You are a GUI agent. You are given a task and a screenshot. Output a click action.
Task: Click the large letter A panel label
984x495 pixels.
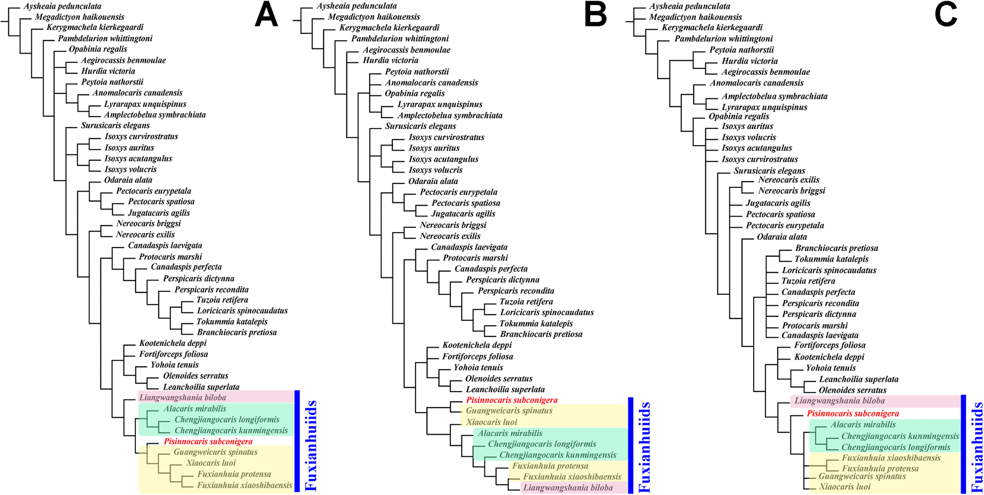(266, 15)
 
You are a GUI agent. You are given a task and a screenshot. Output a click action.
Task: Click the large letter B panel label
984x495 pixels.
(595, 15)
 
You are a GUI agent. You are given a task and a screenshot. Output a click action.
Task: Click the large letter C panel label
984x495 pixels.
(946, 15)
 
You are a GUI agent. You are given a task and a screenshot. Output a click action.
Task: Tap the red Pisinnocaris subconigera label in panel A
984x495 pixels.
(208, 441)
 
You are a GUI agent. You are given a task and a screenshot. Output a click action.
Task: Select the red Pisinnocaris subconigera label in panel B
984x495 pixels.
(512, 400)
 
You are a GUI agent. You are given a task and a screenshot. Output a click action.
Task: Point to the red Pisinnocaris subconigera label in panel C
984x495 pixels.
(853, 413)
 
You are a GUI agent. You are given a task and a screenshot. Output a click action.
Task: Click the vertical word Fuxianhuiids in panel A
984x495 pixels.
(311, 445)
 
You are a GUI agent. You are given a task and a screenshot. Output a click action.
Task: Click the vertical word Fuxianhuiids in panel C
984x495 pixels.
(977, 447)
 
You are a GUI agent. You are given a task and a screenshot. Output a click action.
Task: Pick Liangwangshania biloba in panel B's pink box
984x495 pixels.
(568, 488)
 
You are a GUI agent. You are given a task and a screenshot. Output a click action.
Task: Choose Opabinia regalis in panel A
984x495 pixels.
(98, 49)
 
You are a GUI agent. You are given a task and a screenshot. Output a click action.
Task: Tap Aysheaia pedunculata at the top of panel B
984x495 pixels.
(356, 6)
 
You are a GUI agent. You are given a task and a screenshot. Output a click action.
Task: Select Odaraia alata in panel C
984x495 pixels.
(782, 237)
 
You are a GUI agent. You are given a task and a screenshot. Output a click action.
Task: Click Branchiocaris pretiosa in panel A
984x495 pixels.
(237, 332)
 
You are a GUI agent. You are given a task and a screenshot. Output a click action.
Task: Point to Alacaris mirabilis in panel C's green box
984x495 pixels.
(863, 425)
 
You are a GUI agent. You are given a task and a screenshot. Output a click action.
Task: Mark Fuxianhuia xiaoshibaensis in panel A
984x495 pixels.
(245, 485)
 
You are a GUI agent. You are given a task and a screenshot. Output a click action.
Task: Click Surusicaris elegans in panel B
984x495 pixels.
(420, 126)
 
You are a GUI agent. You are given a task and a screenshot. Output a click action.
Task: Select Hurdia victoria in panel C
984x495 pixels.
(750, 61)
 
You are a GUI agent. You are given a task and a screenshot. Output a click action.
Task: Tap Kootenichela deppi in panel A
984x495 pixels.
(173, 343)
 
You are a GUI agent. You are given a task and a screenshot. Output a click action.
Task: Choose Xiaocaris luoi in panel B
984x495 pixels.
(491, 422)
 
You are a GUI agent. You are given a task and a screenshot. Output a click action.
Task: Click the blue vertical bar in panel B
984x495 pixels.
(631, 445)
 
